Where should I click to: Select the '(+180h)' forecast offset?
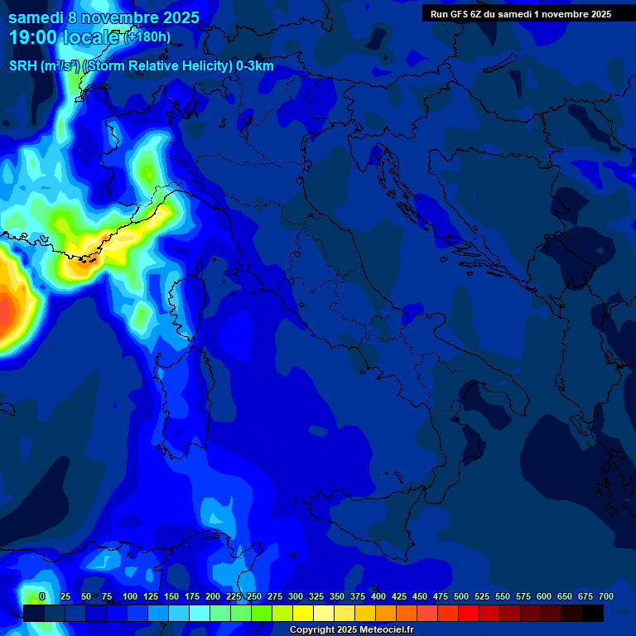[x=147, y=36]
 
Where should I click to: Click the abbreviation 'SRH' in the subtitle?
[x=24, y=66]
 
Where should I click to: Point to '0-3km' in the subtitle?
[x=254, y=66]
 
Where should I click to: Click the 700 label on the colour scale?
[x=605, y=596]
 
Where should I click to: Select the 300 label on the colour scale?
[x=296, y=596]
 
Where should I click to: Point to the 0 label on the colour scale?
[x=42, y=596]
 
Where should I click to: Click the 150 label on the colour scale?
[x=171, y=596]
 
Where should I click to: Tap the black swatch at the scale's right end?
[x=593, y=613]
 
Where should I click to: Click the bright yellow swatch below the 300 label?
[x=303, y=613]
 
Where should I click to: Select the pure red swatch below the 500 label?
[x=469, y=613]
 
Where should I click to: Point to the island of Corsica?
[x=184, y=306]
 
